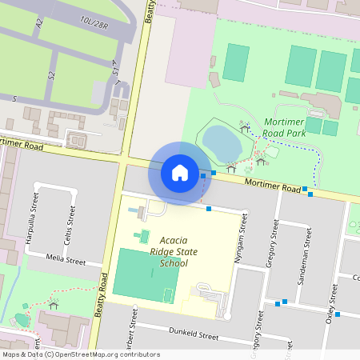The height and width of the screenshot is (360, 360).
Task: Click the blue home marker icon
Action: [x=180, y=173]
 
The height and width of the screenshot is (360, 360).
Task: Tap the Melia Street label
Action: [x=66, y=260]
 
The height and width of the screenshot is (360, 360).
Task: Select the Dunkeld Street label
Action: [x=194, y=336]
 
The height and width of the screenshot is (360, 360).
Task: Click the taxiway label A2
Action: [x=38, y=25]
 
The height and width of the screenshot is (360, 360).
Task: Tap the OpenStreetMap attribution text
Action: [x=80, y=354]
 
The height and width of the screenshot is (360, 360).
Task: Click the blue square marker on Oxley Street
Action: [x=338, y=314]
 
